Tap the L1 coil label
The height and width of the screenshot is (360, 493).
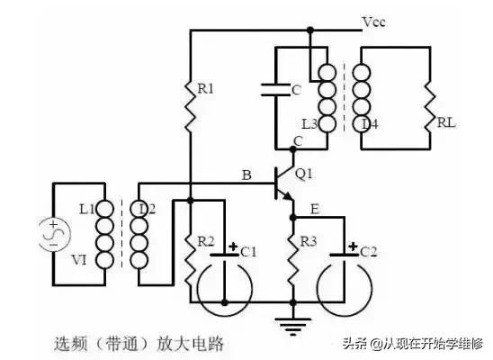coord(87,209)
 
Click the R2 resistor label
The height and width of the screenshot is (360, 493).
coord(207,241)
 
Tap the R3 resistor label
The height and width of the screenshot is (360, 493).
coord(309,241)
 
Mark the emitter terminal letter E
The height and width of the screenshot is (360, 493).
coord(312,209)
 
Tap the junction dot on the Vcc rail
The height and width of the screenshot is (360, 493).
coord(309,30)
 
